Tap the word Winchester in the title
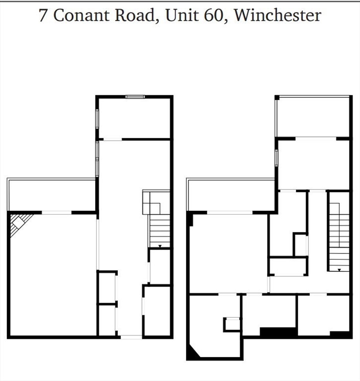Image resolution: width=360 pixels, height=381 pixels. click(x=277, y=15)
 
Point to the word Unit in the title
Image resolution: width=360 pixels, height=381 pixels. click(x=179, y=15)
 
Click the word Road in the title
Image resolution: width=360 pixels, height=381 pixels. click(x=133, y=15)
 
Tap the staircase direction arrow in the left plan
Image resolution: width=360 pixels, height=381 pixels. click(x=159, y=246)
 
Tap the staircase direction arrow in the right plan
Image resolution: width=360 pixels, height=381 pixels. click(x=339, y=270)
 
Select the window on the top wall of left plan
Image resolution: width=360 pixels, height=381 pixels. click(x=135, y=97)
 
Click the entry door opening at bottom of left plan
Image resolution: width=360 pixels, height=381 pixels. click(x=131, y=337)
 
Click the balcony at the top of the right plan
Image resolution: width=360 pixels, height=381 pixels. click(x=313, y=117)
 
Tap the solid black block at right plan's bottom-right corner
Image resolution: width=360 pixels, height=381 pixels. click(x=340, y=334)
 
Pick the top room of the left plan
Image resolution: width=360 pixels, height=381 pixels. click(x=135, y=118)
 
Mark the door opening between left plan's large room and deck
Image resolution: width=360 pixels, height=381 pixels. click(x=57, y=213)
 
